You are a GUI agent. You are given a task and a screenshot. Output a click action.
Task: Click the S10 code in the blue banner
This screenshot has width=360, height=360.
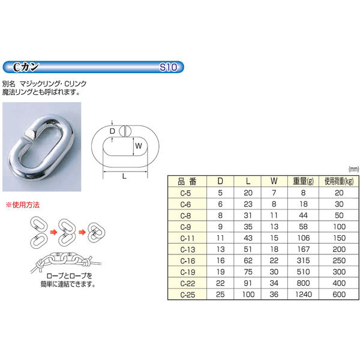(168, 67)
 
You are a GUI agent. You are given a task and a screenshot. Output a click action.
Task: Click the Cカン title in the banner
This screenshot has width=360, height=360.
(25, 67)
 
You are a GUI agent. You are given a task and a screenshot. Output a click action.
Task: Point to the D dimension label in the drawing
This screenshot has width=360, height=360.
(112, 131)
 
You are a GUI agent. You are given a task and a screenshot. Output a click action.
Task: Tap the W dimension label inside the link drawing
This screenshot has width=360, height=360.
(139, 146)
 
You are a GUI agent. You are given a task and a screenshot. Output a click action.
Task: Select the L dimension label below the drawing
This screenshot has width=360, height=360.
(124, 176)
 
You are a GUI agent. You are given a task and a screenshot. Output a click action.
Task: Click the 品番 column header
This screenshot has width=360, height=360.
(187, 182)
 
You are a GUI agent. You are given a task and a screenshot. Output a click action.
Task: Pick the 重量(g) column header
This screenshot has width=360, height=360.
(303, 181)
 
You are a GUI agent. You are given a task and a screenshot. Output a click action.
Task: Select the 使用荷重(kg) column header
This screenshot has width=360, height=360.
(339, 182)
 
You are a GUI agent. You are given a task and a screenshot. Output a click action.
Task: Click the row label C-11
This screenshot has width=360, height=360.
(188, 238)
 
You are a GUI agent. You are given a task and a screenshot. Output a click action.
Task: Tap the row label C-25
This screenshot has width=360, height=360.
(188, 295)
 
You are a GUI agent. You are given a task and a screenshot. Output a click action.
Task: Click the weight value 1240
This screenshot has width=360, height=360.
(304, 295)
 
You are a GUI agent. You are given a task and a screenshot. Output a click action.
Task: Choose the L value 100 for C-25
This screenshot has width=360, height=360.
(248, 295)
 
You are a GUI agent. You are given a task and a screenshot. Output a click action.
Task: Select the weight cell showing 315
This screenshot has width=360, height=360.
(303, 260)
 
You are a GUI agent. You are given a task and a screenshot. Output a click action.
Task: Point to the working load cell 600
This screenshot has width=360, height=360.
(339, 295)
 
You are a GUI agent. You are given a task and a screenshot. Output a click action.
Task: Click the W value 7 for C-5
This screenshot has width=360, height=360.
(274, 193)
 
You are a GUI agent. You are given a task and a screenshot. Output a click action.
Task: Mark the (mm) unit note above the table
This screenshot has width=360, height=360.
(353, 169)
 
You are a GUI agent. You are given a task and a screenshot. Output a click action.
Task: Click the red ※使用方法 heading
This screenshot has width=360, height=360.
(23, 205)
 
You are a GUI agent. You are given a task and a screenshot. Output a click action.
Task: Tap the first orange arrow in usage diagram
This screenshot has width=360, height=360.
(53, 232)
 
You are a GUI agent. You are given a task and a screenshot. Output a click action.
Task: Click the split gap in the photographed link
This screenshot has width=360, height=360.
(28, 140)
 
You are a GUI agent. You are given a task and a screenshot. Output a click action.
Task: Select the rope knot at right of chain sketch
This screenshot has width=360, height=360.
(87, 261)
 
